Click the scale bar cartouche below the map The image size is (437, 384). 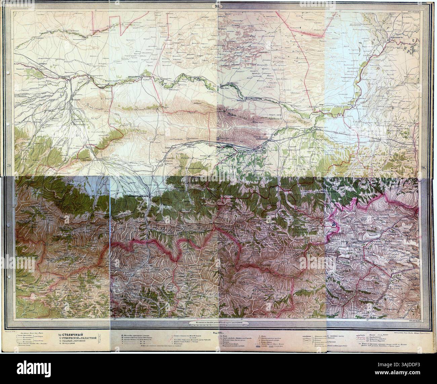click(x=218, y=323)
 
